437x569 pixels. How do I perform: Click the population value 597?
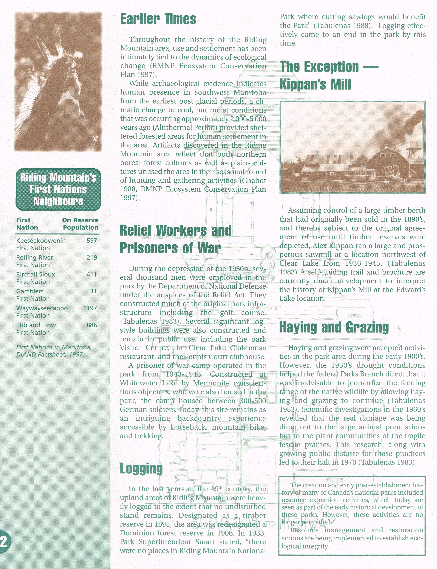click(x=92, y=241)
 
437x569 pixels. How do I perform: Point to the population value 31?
click(x=93, y=291)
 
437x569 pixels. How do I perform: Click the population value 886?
click(x=92, y=325)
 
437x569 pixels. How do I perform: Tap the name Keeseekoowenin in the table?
click(x=41, y=241)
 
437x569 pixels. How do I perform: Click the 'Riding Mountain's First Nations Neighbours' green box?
click(x=58, y=189)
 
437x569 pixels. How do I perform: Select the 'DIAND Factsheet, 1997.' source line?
click(x=50, y=354)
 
